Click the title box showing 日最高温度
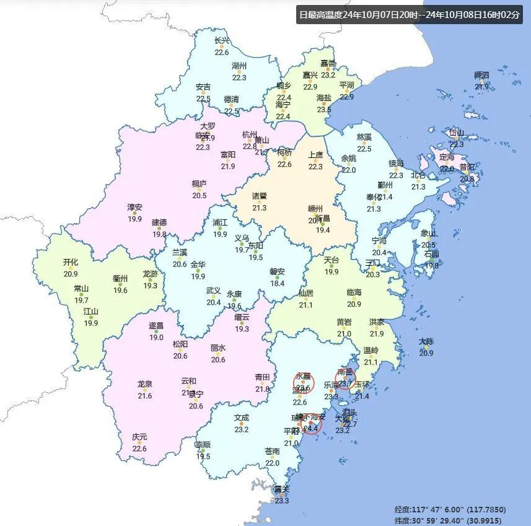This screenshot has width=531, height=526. point(409,14)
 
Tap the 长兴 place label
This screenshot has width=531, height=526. point(221,41)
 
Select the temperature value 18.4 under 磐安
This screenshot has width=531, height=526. point(277,283)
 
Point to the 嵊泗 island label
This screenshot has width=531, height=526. point(481,76)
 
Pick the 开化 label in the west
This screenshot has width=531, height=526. point(71,262)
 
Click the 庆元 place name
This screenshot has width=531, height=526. point(139,437)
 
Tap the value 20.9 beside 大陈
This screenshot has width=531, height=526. point(426,353)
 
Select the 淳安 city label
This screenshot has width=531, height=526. point(134,207)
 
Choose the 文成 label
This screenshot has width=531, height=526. point(241,418)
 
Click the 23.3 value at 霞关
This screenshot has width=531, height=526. point(282,501)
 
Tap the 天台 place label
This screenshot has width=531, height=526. point(331,260)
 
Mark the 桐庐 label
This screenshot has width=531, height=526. point(199,184)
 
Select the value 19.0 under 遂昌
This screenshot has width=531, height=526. point(156,337)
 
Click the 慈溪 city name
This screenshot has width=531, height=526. point(364,137)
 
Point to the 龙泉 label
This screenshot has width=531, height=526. point(144,384)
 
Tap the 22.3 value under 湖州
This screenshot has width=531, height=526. point(239,77)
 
